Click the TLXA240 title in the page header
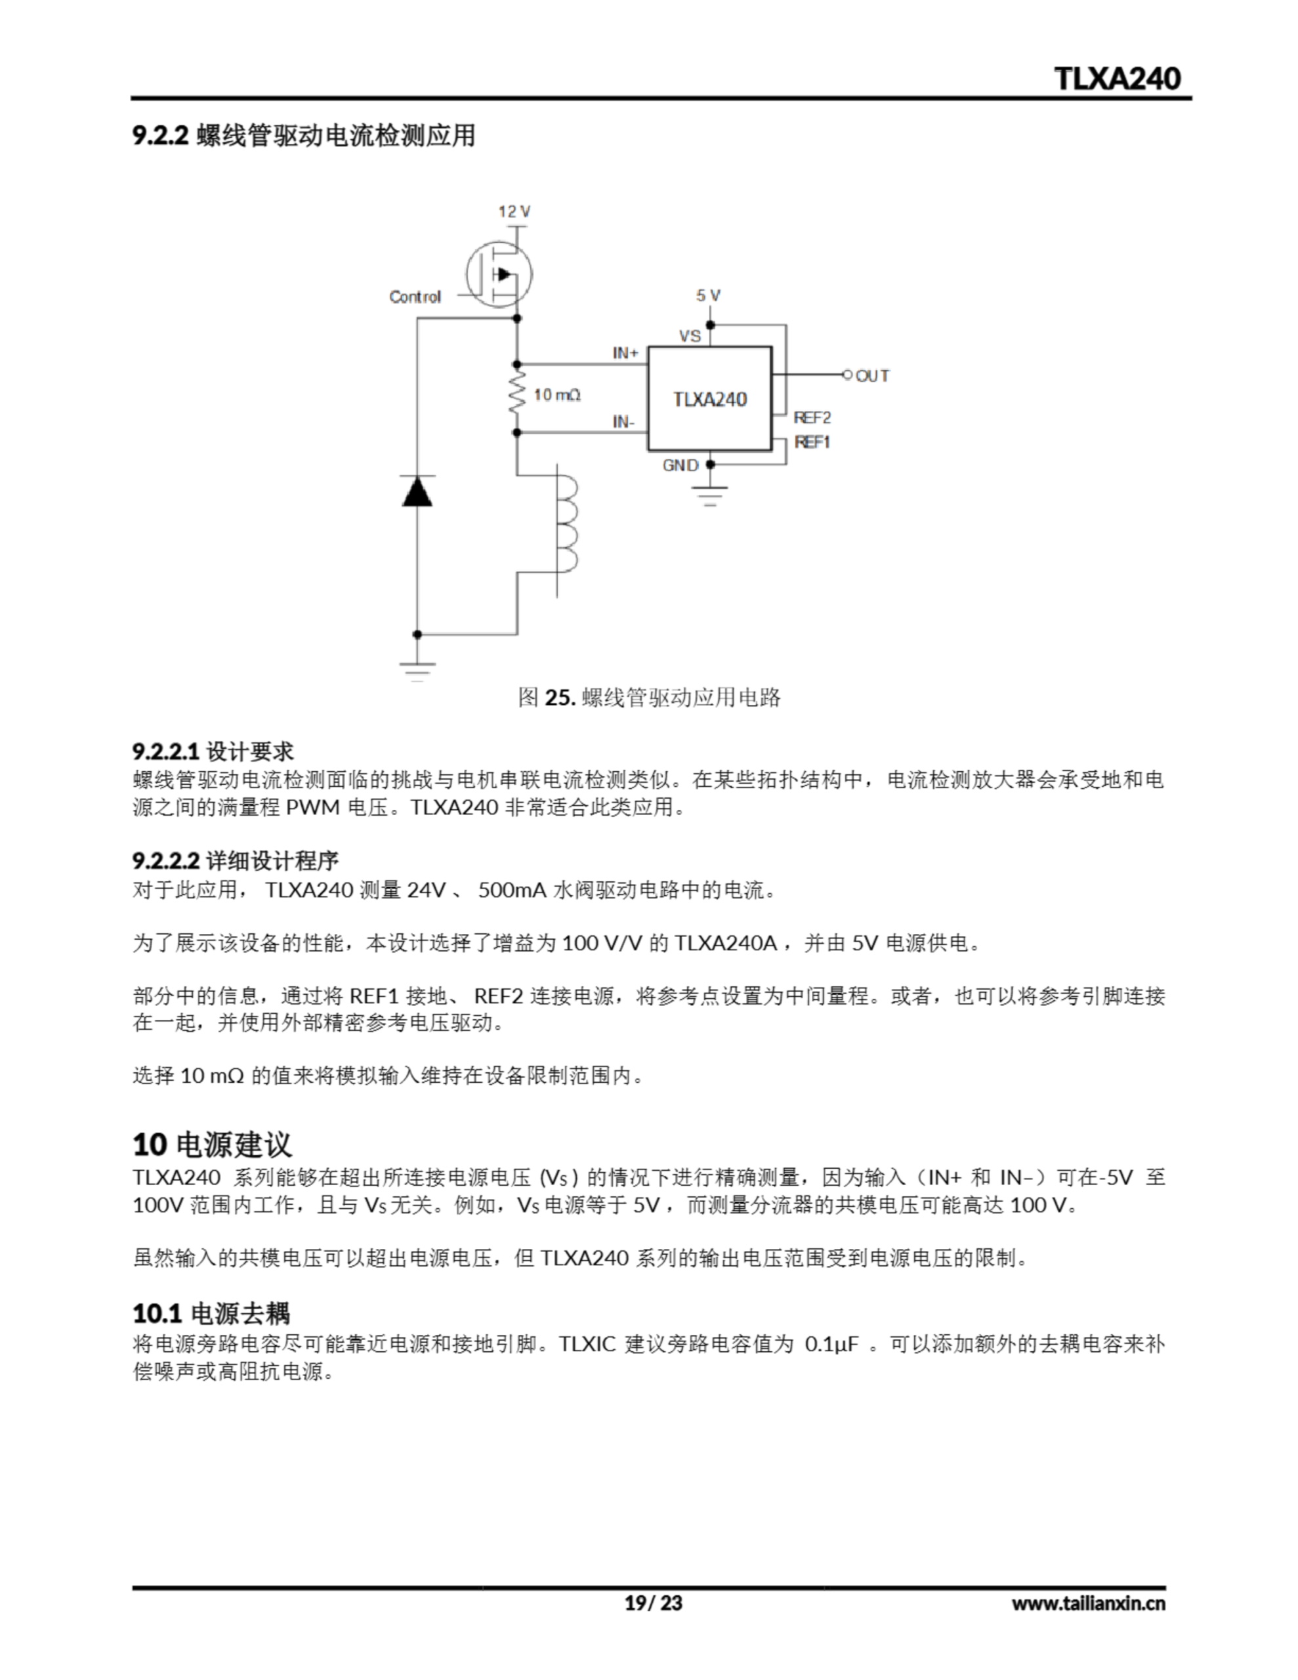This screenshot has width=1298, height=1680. (x=1116, y=79)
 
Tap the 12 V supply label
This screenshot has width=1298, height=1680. (x=514, y=211)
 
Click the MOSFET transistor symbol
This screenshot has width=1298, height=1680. (x=499, y=274)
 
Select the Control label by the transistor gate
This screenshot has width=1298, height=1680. (x=415, y=297)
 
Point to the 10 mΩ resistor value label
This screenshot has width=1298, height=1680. (x=557, y=394)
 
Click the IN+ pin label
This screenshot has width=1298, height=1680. (x=625, y=353)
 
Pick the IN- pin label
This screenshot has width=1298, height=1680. (x=623, y=421)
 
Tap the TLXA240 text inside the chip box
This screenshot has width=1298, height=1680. (x=709, y=399)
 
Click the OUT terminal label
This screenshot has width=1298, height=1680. (x=873, y=376)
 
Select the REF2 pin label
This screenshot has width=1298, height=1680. (x=812, y=417)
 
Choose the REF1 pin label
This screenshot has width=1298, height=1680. (x=812, y=442)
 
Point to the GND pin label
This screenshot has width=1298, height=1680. (x=680, y=465)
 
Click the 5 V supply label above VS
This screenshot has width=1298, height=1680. (x=708, y=295)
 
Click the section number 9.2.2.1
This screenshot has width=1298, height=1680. (x=165, y=751)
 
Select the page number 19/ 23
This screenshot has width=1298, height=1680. (x=653, y=1603)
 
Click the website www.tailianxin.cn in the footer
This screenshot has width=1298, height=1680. (x=1088, y=1603)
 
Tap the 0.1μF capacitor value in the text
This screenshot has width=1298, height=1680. (x=831, y=1344)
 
